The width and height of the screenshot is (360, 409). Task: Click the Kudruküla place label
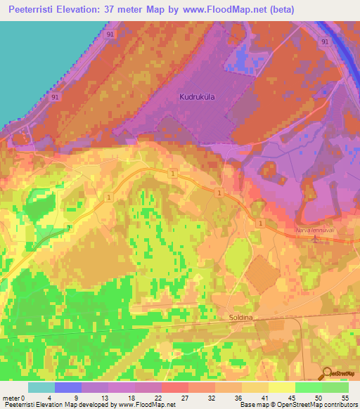(198, 100)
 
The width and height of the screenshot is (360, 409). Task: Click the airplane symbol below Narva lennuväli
(315, 238)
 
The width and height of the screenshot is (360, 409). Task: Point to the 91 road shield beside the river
(324, 42)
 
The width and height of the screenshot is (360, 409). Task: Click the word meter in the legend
(11, 397)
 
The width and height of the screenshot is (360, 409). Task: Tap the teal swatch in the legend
(41, 387)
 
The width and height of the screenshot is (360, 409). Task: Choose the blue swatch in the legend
(68, 387)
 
